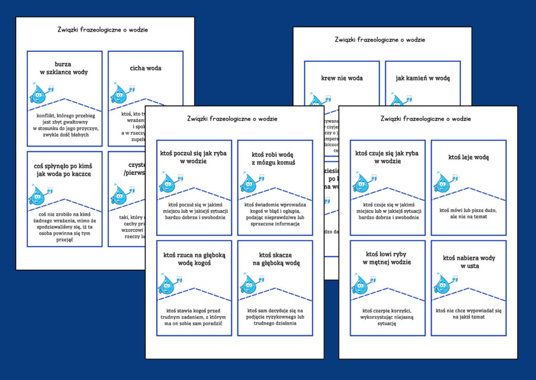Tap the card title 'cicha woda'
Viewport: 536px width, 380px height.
pyautogui.click(x=145, y=68)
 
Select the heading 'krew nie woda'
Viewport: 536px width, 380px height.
pyautogui.click(x=342, y=78)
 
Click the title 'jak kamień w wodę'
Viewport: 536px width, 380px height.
pyautogui.click(x=423, y=78)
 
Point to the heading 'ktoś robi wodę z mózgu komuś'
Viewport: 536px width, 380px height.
pyautogui.click(x=274, y=158)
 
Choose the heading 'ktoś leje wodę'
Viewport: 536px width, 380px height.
pyautogui.click(x=468, y=157)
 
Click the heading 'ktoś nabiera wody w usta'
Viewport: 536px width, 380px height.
pyautogui.click(x=468, y=261)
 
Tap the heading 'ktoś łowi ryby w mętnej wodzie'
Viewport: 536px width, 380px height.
pyautogui.click(x=387, y=258)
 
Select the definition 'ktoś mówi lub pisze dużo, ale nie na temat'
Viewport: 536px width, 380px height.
pyautogui.click(x=468, y=213)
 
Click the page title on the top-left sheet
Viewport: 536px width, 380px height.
pyautogui.click(x=105, y=29)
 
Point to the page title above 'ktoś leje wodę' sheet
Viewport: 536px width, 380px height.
pyautogui.click(x=428, y=119)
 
